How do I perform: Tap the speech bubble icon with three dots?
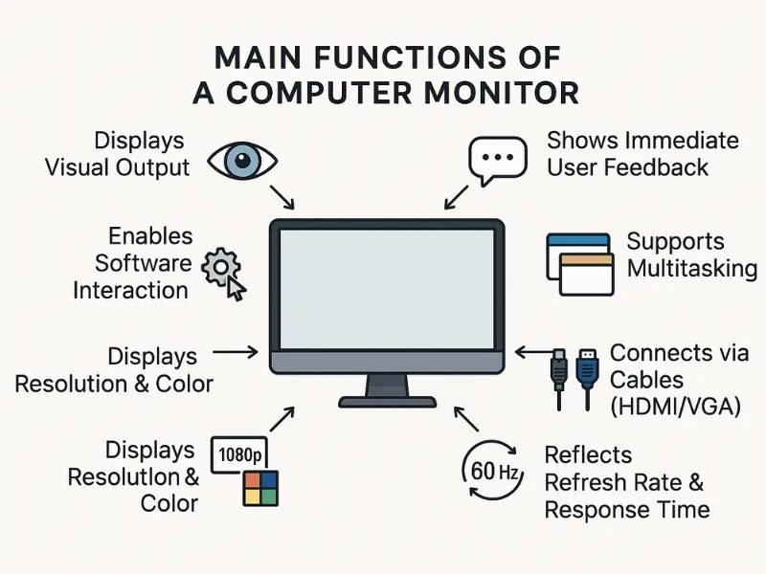(497, 159)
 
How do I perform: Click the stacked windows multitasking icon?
(578, 264)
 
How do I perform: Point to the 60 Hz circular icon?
(490, 470)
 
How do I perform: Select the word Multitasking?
(691, 268)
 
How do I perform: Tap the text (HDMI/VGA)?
(676, 407)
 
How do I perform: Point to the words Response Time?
(627, 510)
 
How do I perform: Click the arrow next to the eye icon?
(282, 197)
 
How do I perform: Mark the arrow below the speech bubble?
(457, 198)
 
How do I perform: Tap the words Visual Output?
(118, 166)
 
